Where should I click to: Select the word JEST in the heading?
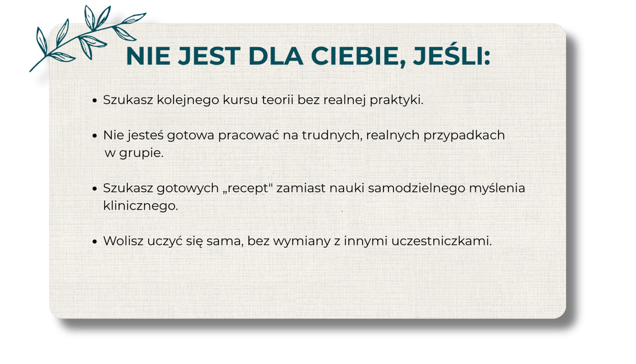tap(209, 56)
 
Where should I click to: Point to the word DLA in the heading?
tap(275, 56)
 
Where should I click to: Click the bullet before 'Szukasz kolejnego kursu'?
tap(95, 100)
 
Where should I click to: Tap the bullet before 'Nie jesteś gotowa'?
tap(95, 136)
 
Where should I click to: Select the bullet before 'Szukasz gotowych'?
tap(95, 189)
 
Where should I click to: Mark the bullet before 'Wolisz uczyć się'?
tap(95, 241)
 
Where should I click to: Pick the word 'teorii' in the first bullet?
tap(278, 99)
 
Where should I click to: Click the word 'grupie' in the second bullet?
tap(140, 153)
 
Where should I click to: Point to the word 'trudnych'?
tap(331, 135)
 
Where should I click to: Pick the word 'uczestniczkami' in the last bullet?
tap(441, 241)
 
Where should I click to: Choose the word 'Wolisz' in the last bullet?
tap(123, 241)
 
